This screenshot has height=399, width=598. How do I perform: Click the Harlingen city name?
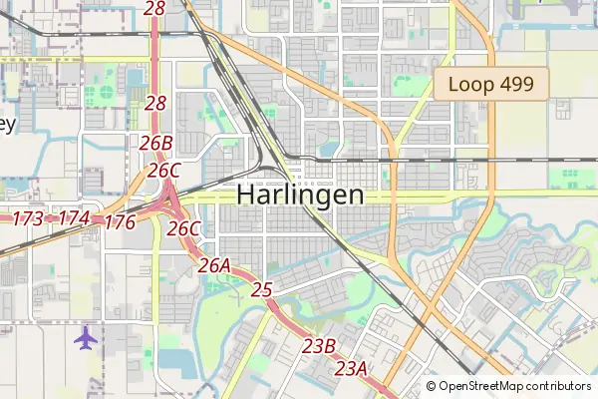click(300, 195)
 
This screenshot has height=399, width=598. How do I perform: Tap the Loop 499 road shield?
click(491, 85)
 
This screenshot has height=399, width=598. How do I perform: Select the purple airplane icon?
click(87, 337)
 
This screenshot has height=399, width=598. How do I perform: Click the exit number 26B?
click(156, 143)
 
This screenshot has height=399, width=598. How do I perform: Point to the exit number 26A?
click(214, 265)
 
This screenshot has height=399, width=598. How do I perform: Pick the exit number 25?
click(262, 290)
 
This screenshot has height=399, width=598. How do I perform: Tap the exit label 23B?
click(319, 346)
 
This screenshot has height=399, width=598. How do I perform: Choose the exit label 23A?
click(351, 369)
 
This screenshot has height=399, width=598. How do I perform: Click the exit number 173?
click(28, 217)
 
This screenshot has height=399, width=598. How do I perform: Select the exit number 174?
click(74, 217)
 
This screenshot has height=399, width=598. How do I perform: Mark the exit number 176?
click(120, 221)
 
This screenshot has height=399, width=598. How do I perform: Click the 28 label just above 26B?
click(155, 103)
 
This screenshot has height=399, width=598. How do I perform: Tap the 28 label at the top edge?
click(154, 8)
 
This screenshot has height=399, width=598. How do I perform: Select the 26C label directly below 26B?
click(163, 171)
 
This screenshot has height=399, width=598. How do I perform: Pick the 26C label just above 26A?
click(184, 228)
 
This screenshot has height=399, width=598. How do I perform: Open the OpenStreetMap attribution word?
click(480, 386)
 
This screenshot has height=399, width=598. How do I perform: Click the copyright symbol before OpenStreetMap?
click(431, 386)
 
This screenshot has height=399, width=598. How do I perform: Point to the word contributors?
click(558, 386)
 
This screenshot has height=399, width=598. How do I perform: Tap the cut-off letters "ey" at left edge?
click(7, 125)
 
